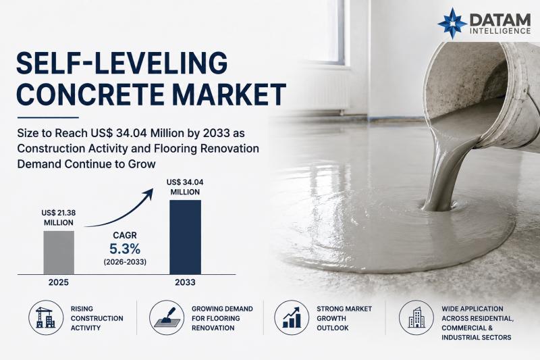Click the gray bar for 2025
59,253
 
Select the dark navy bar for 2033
185,237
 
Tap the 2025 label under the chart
59,282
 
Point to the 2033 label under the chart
185,282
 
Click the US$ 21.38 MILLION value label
59,217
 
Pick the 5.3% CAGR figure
125,249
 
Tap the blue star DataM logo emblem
452,23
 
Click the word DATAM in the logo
500,20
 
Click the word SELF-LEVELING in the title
122,63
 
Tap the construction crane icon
46,317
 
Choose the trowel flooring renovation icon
167,317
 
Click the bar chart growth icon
292,317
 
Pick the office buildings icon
416,317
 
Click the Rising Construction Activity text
97,318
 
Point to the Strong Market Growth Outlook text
344,318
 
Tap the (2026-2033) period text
125,262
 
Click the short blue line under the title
48,118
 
